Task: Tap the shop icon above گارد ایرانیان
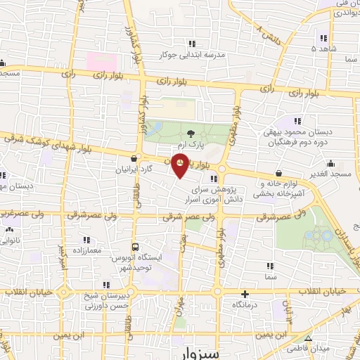tap(134, 158)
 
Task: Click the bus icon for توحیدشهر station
tap(136, 247)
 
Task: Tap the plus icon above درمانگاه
tap(245, 295)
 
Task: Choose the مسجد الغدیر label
tap(330, 172)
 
